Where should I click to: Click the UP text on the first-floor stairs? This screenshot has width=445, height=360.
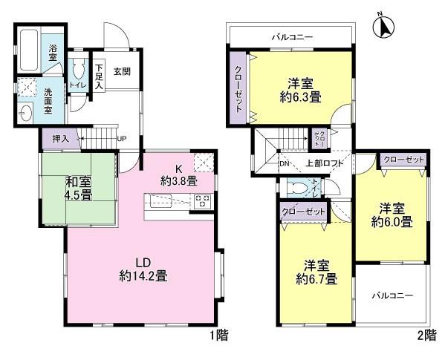tap(122, 139)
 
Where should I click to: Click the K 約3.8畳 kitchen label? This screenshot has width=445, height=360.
tap(178, 174)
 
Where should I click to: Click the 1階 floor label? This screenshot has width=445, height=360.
tap(218, 336)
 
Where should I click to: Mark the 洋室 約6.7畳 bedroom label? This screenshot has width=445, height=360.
tap(320, 272)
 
